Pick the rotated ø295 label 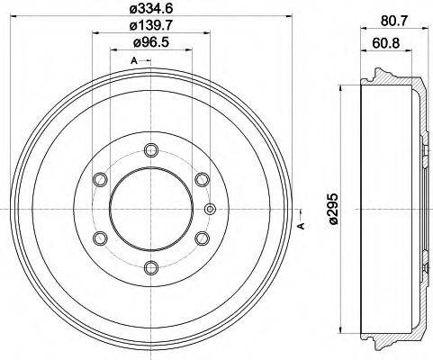[333, 210]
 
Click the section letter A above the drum [134, 61]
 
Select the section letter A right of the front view [301, 225]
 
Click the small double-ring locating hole [210, 210]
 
